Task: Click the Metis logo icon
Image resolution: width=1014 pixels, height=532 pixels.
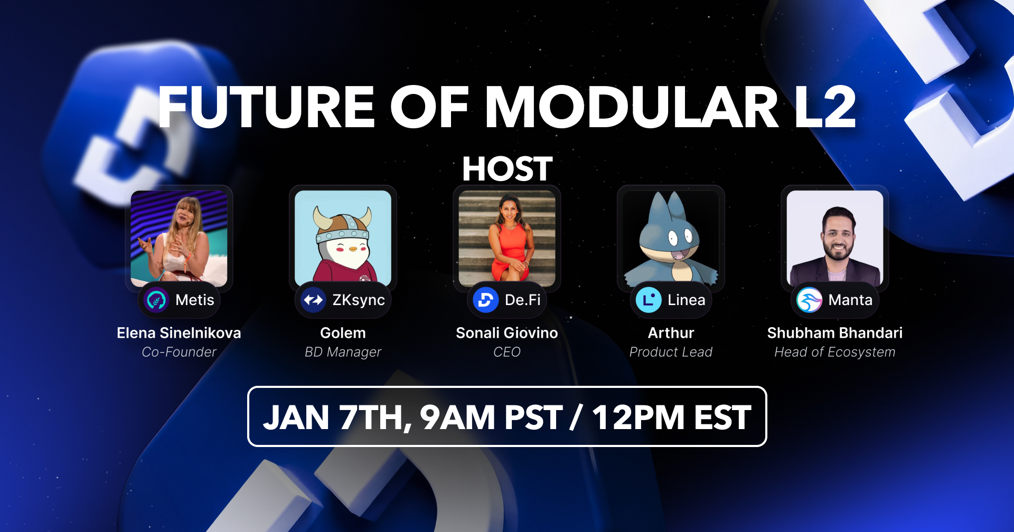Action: (156, 300)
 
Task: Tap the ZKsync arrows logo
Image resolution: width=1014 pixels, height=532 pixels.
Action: (313, 300)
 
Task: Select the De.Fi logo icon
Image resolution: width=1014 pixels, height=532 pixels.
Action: (485, 300)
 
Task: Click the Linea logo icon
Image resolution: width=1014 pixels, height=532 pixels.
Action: (649, 300)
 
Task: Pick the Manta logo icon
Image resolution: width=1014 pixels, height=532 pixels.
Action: (809, 300)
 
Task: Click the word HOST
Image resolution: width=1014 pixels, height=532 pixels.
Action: (507, 169)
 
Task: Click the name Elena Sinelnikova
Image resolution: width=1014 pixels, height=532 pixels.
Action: (179, 333)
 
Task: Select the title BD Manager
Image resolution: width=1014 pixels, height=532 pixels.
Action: (343, 352)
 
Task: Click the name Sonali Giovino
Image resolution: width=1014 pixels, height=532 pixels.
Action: (507, 333)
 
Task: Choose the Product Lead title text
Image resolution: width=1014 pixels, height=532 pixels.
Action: (671, 352)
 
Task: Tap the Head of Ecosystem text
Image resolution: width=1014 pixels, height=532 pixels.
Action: (835, 352)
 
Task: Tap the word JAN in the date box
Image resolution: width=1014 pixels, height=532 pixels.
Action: (296, 417)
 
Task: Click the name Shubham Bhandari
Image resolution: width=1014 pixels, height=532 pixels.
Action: (835, 333)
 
